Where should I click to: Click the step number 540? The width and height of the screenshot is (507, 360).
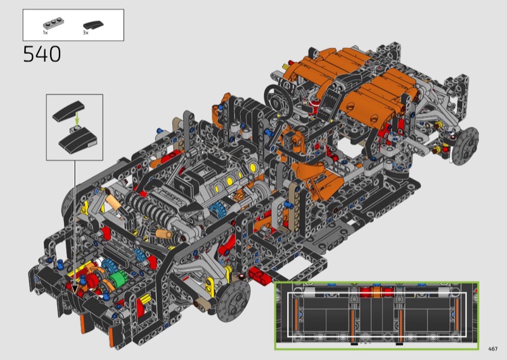[x=42, y=54]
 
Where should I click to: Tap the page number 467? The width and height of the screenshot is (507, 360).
[x=493, y=349]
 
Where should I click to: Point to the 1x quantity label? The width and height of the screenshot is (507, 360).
[x=45, y=33]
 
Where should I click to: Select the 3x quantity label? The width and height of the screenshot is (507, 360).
[x=86, y=33]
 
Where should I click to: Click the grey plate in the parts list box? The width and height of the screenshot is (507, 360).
[x=53, y=23]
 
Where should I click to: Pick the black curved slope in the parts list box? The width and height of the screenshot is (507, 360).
[x=93, y=25]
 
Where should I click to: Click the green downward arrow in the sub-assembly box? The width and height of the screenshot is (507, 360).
[x=77, y=119]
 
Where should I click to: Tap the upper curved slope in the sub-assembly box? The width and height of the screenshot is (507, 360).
[x=68, y=111]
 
